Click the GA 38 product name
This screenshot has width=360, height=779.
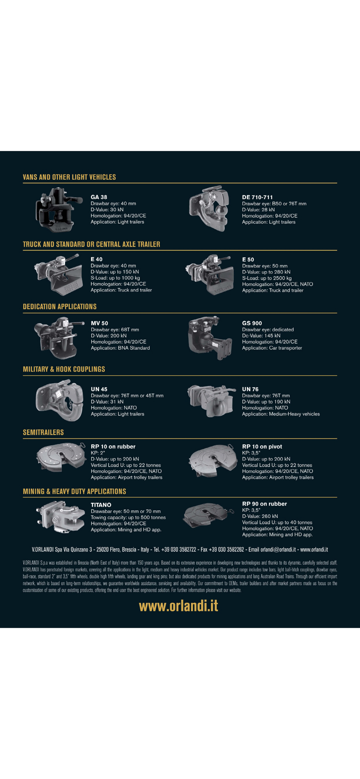(x=99, y=197)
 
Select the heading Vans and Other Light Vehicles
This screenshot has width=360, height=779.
(x=69, y=177)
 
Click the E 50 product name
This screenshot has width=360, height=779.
(x=248, y=259)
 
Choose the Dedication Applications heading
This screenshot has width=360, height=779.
(x=60, y=307)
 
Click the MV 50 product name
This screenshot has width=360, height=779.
(x=99, y=323)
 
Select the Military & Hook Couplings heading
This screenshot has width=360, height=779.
(x=64, y=369)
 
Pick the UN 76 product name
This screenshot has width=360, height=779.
(x=250, y=389)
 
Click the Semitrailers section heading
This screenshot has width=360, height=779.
(x=43, y=432)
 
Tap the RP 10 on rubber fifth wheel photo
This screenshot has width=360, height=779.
(x=61, y=457)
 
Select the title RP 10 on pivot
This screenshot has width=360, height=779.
(x=262, y=447)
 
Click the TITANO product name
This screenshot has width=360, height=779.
(x=101, y=505)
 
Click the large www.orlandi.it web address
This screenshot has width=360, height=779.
(x=178, y=606)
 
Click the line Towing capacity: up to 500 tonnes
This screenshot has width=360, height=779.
(x=128, y=518)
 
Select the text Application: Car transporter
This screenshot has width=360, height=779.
(x=272, y=348)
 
